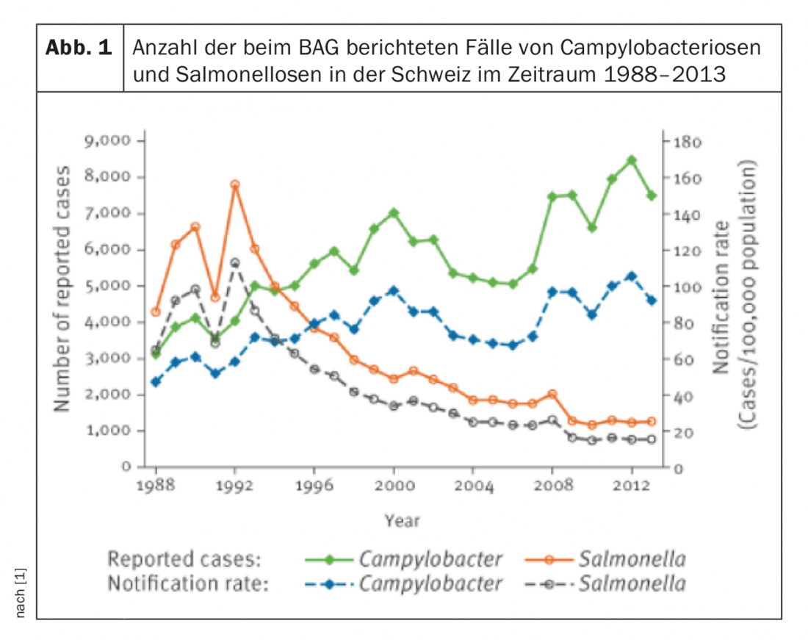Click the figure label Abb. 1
pos(79,48)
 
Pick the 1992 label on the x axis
pos(235,486)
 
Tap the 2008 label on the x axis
pos(552,486)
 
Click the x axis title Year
pos(402,520)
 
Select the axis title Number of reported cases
pos(64,288)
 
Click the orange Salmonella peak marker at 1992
pos(235,185)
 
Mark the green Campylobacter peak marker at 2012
pos(632,159)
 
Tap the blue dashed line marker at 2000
pos(394,290)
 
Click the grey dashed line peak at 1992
pos(235,262)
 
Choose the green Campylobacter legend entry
pos(405,559)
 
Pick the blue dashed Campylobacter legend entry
pos(405,584)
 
